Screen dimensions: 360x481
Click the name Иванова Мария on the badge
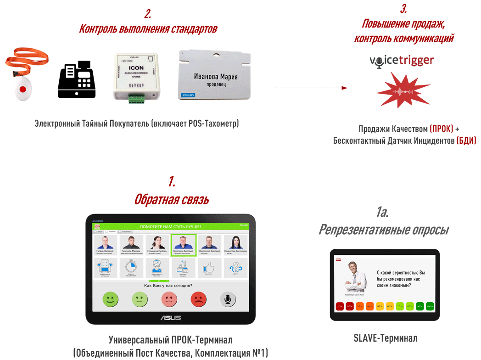tap(216, 76)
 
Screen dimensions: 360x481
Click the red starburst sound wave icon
tap(403, 90)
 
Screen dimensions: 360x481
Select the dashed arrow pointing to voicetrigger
tap(311, 88)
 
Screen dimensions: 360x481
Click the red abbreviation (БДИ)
tap(466, 141)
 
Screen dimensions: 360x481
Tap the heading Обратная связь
tap(171, 199)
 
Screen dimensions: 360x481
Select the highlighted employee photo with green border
tap(184, 245)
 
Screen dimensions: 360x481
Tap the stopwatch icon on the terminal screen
tap(132, 267)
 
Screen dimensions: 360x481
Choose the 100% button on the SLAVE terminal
tap(430, 306)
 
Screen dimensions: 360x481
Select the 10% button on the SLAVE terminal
tap(340, 306)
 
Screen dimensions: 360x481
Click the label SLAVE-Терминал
tap(385, 338)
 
